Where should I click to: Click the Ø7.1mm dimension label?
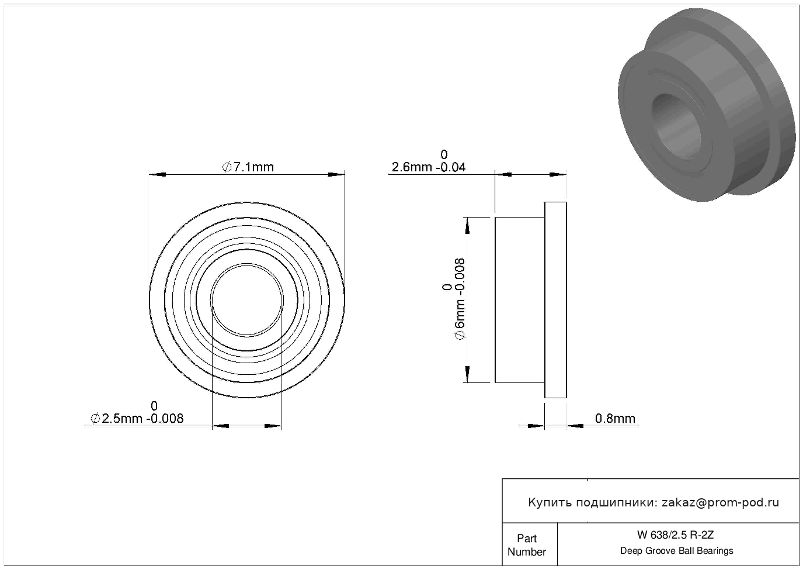coord(248,167)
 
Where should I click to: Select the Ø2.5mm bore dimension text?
coord(137,418)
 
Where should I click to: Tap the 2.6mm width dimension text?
coord(429,167)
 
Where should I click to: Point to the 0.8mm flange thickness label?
coord(615,418)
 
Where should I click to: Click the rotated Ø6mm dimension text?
coord(460,299)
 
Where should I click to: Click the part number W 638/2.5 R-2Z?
coord(675,535)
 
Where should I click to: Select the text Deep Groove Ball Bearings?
coord(676,551)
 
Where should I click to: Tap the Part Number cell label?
coord(527,545)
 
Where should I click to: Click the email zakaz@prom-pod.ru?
coord(720,502)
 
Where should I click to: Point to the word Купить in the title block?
coord(550,502)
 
